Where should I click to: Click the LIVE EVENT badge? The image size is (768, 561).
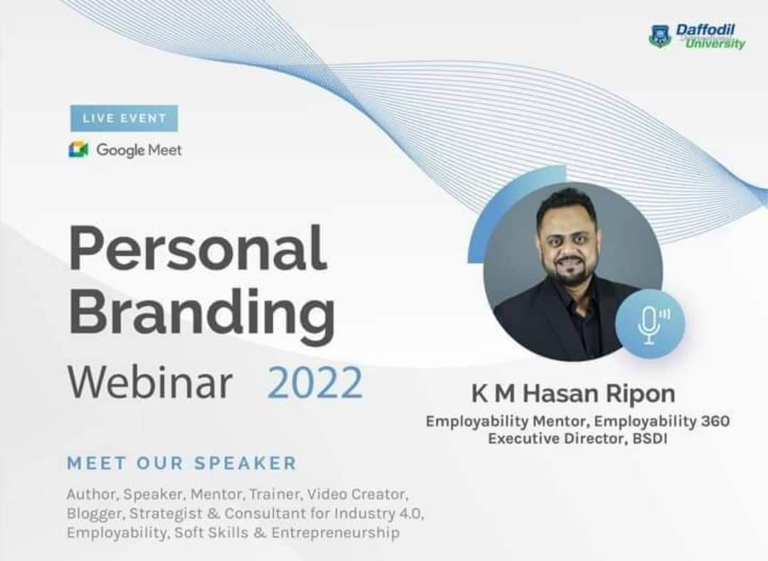124,118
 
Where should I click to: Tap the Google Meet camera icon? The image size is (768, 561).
78,149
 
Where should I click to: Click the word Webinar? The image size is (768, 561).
150,383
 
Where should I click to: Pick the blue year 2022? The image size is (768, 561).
315,383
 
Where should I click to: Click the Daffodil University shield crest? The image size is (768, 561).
660,36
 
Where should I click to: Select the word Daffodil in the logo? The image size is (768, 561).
705,31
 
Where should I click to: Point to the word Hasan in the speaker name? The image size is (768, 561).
561,394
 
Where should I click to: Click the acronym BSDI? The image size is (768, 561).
649,438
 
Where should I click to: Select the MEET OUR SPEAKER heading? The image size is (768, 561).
182,463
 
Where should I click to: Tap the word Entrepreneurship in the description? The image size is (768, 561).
336,533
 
